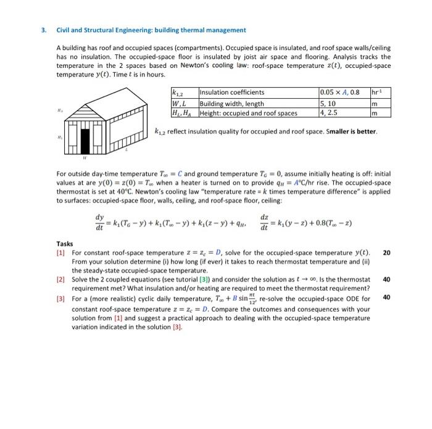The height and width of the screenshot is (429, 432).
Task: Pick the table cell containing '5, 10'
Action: coord(328,103)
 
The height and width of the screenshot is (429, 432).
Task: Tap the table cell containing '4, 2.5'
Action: coord(328,112)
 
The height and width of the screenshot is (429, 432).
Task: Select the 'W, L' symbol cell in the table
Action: coord(180,103)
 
